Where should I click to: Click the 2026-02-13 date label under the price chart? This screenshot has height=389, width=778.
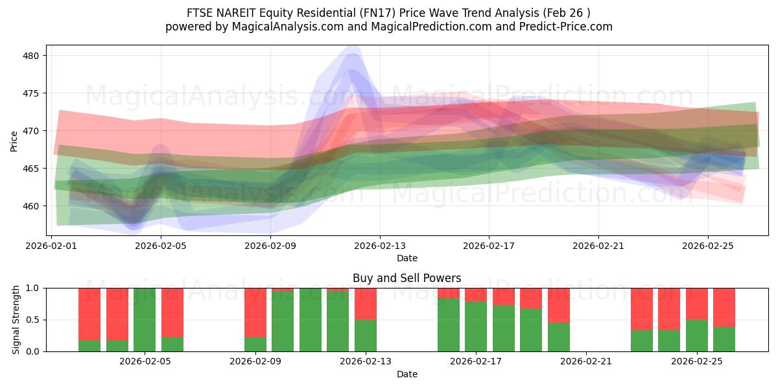pyautogui.click(x=380, y=246)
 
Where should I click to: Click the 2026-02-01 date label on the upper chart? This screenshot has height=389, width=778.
pyautogui.click(x=52, y=246)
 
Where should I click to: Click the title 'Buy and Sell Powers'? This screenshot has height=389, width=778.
pyautogui.click(x=407, y=278)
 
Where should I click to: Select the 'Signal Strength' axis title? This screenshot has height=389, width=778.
pyautogui.click(x=16, y=320)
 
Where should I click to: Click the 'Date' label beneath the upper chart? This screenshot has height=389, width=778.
pyautogui.click(x=407, y=258)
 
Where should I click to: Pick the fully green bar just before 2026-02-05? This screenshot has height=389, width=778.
pyautogui.click(x=145, y=320)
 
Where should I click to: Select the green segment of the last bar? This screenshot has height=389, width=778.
pyautogui.click(x=724, y=339)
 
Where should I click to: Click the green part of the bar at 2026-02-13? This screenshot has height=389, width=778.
pyautogui.click(x=366, y=336)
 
